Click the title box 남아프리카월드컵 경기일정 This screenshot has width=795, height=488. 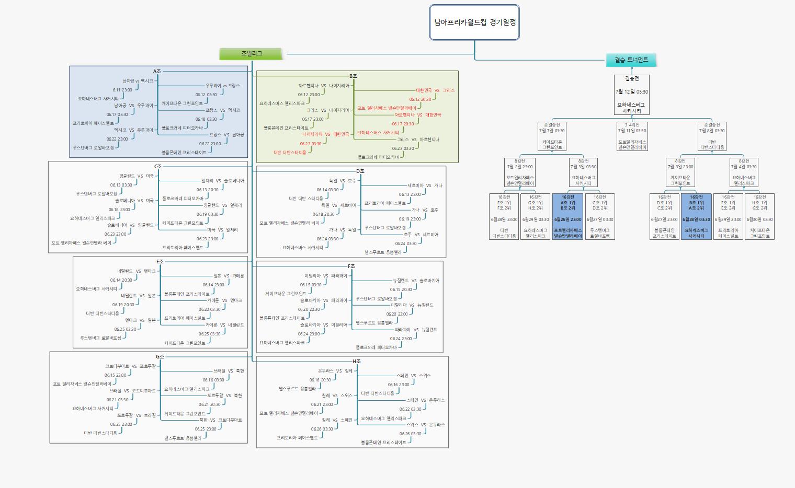tap(474, 22)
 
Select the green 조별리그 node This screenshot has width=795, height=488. tap(252, 54)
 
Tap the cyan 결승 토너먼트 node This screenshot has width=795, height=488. tap(631, 60)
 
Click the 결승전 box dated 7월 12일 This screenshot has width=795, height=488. tap(631, 94)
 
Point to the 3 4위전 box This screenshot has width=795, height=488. tap(632, 136)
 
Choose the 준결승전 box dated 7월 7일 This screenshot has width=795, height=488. tap(552, 136)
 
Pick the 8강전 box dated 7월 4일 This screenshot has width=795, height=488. tap(744, 172)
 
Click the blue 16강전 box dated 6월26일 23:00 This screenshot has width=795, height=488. tap(567, 216)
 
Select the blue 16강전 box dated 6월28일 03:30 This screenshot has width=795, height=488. tap(696, 216)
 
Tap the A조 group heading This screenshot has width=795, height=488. tap(157, 71)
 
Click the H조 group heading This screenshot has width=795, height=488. tap(356, 362)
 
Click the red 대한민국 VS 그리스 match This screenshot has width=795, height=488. tap(435, 90)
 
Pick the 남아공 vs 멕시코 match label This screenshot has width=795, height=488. tap(138, 81)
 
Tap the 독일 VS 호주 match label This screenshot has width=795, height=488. tap(343, 181)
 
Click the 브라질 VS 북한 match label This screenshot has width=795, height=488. tap(229, 371)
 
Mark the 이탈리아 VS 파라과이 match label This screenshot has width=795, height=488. tap(325, 276)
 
